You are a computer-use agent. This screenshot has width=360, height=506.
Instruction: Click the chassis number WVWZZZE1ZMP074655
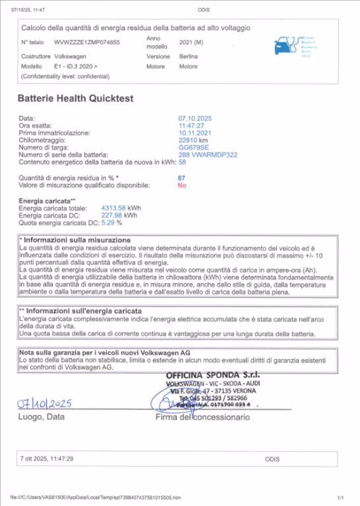tap(87, 42)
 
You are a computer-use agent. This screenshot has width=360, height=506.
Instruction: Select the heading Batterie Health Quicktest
tap(75, 98)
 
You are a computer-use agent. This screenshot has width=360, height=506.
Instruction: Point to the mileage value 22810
tap(188, 140)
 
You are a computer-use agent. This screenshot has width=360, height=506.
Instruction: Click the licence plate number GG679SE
tap(193, 147)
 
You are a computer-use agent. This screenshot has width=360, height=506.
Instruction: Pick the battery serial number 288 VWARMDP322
tap(208, 155)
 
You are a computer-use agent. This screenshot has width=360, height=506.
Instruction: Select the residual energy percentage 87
tap(182, 177)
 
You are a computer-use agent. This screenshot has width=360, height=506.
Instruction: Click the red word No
tap(182, 185)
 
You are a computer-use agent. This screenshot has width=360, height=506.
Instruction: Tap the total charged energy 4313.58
tap(113, 208)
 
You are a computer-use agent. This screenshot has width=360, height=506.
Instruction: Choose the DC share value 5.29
tap(108, 222)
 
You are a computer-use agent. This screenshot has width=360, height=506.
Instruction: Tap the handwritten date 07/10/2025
tap(45, 404)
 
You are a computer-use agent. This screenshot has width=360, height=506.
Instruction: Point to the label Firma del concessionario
tap(202, 418)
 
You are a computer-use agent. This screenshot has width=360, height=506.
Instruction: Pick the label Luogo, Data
tap(42, 417)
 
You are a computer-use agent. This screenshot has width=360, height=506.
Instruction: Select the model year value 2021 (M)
tap(191, 42)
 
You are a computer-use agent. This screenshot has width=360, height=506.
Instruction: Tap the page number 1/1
tap(340, 497)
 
